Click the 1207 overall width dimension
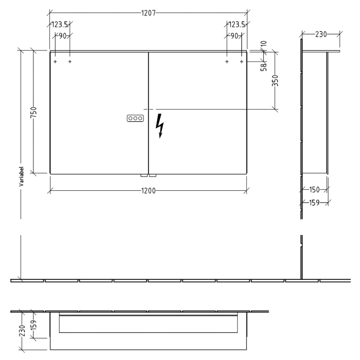pos(148,12)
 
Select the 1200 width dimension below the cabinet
pos(148,190)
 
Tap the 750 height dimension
pos(33,112)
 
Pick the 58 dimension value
pos(263,66)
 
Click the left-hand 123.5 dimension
pos(60,24)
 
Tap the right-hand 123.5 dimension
pos(237,24)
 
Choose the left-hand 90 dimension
pos(62,35)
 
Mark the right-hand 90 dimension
pos(234,35)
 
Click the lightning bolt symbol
pos(161,126)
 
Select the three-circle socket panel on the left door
pos(135,118)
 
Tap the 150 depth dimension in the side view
pos(314,190)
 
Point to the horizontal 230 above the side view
pos(320,34)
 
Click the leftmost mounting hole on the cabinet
pos(55,62)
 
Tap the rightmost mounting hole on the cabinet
pos(241,62)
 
